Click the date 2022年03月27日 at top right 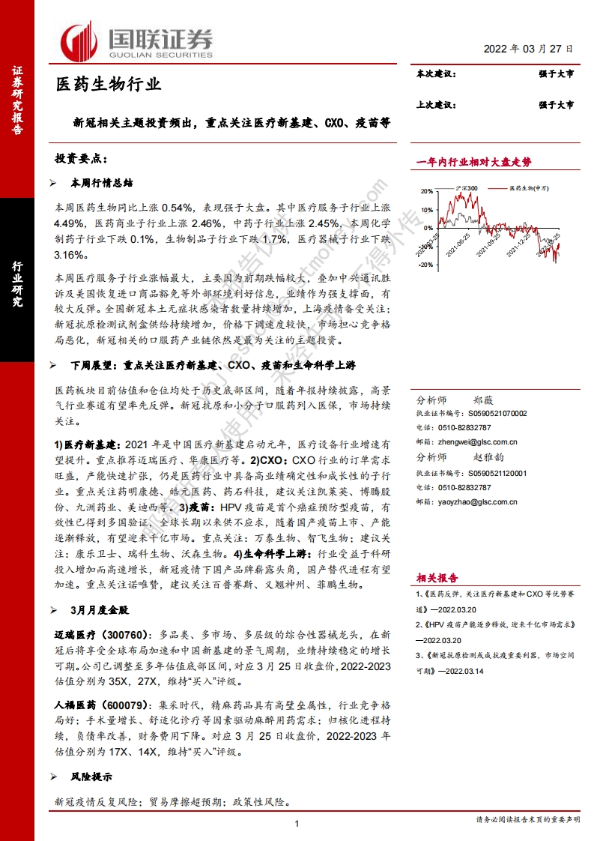coord(528,48)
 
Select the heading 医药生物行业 coord(109,84)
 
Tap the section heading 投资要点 coord(82,158)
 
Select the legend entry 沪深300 coord(465,189)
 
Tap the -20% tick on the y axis coord(424,254)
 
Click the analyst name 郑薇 coord(484,400)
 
